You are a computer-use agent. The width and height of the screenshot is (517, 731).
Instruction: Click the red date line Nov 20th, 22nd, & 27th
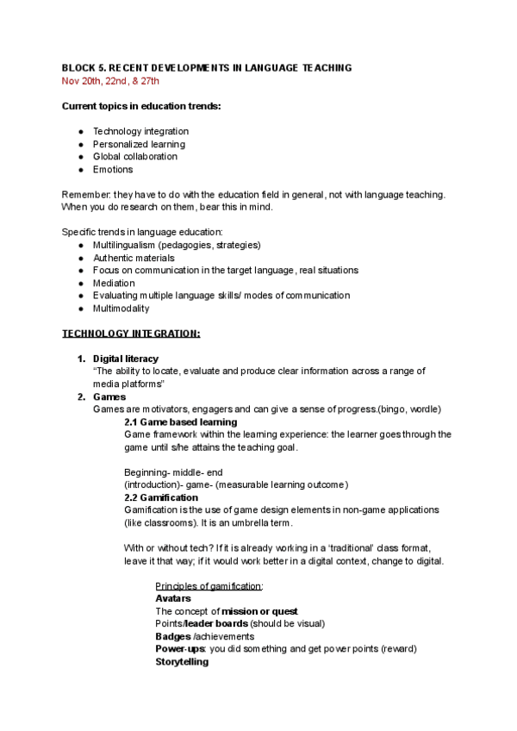click(109, 80)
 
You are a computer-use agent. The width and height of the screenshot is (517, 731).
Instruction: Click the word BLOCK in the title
click(78, 67)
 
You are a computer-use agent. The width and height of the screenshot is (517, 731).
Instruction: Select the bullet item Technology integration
click(140, 131)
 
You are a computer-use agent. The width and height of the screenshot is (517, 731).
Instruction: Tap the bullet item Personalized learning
click(139, 144)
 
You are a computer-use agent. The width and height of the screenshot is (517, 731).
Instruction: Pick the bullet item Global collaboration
click(135, 157)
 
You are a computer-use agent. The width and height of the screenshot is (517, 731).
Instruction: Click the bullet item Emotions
click(113, 170)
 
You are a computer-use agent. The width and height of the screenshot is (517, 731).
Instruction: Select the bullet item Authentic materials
click(134, 258)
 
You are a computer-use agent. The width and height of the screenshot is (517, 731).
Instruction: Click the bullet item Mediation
click(114, 283)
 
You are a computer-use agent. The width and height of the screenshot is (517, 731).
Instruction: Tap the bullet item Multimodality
click(121, 308)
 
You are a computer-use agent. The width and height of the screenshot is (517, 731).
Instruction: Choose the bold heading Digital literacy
click(126, 358)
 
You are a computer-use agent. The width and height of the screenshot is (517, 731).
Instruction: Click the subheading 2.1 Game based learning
click(180, 422)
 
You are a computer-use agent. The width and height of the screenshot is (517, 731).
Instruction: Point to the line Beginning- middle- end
click(172, 472)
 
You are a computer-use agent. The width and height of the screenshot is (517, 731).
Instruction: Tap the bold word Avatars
click(173, 598)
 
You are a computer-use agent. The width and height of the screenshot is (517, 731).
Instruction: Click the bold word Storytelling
click(182, 661)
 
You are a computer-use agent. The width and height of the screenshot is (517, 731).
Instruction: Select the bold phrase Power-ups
click(179, 648)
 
